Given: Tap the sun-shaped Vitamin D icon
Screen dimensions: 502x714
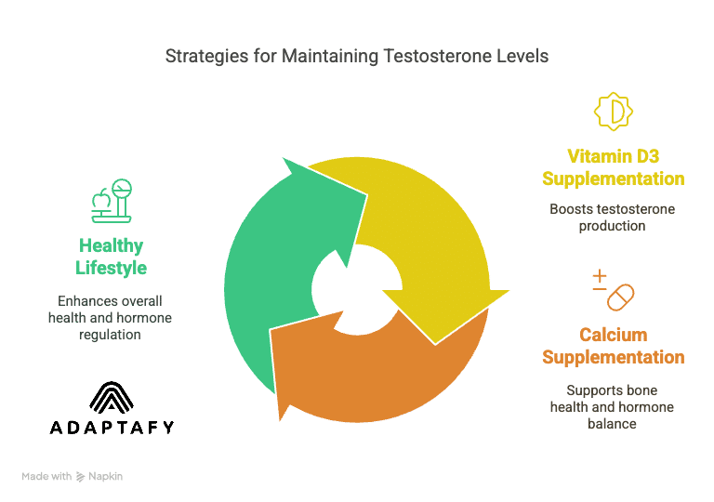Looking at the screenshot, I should click(x=614, y=112).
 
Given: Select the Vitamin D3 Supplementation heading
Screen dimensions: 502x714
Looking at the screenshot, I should click(x=614, y=166).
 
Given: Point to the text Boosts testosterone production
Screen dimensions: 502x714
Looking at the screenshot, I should click(x=614, y=218).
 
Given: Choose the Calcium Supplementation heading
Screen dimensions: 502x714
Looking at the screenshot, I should click(x=614, y=346).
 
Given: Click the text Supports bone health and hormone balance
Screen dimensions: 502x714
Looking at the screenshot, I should click(x=614, y=406).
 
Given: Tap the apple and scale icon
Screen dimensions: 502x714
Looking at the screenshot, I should click(x=111, y=201).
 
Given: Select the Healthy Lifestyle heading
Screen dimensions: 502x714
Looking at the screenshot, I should click(x=111, y=257).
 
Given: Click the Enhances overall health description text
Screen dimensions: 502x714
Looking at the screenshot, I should click(x=111, y=318).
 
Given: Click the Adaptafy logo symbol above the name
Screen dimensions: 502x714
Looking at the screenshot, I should click(x=111, y=397).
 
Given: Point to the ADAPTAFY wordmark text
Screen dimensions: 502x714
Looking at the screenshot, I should click(x=111, y=428).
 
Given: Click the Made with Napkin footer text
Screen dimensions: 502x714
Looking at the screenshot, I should click(x=73, y=476).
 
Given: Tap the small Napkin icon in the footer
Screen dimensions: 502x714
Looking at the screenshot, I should click(x=81, y=476).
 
